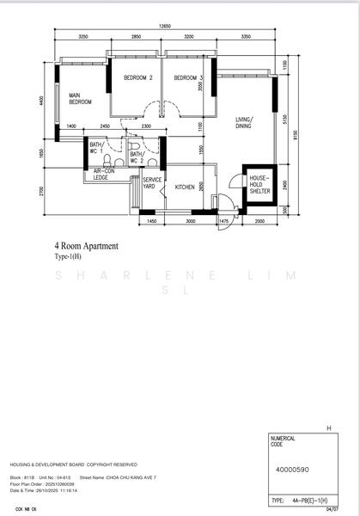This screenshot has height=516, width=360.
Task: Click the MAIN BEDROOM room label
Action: point(81,98)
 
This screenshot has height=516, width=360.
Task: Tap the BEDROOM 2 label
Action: point(137,78)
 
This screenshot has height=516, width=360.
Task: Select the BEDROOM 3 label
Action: point(187,78)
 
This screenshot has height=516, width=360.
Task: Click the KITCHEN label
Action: point(186,187)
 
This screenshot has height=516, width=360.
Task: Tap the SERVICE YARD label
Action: point(153,183)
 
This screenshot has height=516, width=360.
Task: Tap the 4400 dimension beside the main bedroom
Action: point(41,101)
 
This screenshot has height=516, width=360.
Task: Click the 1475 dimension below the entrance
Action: point(224,221)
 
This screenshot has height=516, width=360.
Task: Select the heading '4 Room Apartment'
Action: point(86,246)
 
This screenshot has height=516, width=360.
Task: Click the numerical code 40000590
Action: point(294,470)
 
